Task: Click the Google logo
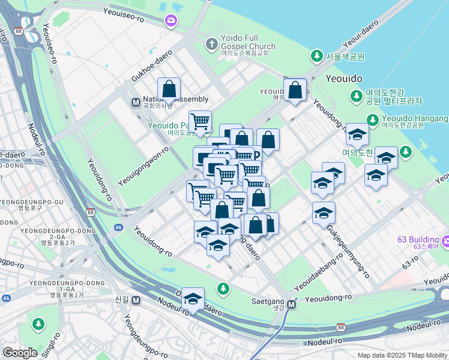20,353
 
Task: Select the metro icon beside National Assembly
136,102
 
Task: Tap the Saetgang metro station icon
292,304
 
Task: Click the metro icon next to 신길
136,300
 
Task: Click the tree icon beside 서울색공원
316,56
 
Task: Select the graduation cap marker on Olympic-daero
193,299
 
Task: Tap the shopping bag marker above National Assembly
169,89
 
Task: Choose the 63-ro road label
411,262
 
